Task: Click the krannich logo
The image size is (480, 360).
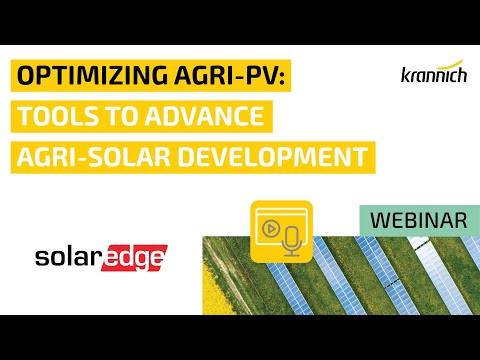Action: (x=406, y=76)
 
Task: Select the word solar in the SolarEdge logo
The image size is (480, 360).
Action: (x=70, y=259)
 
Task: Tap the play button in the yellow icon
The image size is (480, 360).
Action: (x=269, y=226)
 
